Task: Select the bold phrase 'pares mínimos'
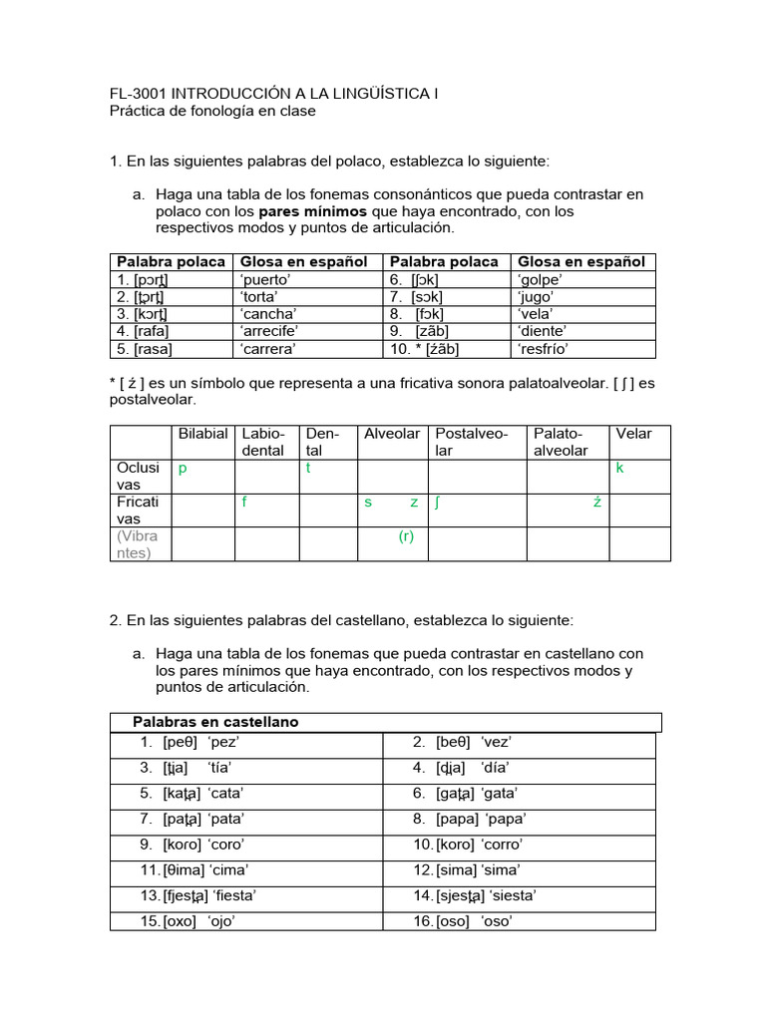point(307,211)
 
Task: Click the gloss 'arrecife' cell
point(269,330)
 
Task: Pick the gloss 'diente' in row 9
point(542,330)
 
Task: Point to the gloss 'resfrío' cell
point(545,348)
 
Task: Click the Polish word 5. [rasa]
point(143,348)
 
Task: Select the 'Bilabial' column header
point(202,434)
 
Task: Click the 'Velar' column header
point(633,434)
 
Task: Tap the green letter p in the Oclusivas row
point(183,468)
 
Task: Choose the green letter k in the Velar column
point(620,468)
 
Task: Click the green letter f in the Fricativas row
point(244,503)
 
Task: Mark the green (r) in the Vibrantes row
point(406,536)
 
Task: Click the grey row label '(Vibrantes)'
point(138,544)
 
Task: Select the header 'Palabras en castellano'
point(215,722)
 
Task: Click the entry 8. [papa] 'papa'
point(469,819)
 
